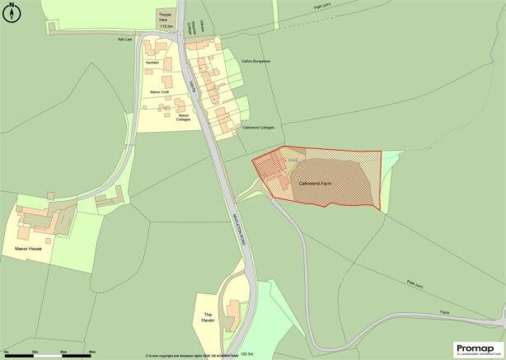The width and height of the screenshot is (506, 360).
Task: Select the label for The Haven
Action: [209, 318]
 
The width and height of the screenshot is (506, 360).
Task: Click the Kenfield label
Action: [152, 63]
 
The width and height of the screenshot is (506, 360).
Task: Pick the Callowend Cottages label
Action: [258, 127]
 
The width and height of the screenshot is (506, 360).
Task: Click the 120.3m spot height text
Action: [246, 353]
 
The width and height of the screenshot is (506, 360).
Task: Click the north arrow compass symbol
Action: [11, 10]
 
